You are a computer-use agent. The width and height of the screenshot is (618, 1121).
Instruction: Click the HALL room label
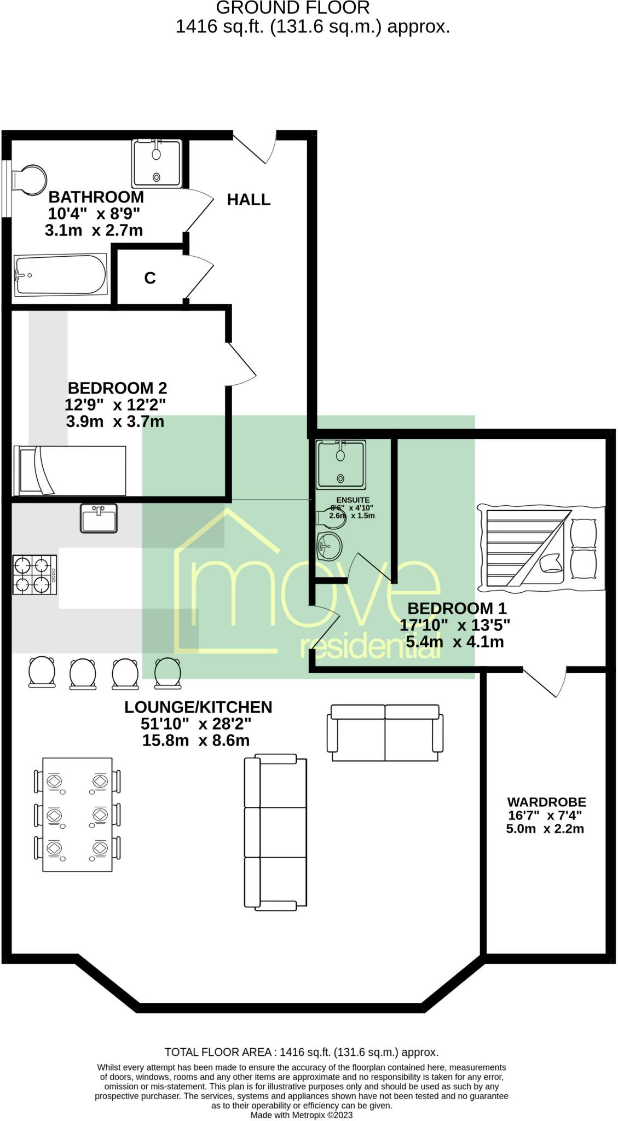(x=249, y=200)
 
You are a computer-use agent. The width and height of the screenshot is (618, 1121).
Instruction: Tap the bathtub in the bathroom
(x=60, y=275)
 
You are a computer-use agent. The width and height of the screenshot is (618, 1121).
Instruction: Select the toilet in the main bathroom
(x=30, y=178)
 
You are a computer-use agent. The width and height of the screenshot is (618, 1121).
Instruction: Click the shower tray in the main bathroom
(x=157, y=164)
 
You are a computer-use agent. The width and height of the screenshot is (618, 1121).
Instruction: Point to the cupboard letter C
(x=149, y=279)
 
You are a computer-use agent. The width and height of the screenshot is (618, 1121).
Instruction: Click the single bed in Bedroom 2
(x=70, y=470)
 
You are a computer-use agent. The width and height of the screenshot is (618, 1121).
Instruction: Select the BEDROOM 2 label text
(x=117, y=388)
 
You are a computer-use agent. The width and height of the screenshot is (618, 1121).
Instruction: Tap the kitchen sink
(x=99, y=518)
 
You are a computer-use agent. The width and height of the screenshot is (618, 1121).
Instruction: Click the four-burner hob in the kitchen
(x=34, y=575)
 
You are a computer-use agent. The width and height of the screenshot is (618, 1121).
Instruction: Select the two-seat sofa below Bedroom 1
(x=385, y=733)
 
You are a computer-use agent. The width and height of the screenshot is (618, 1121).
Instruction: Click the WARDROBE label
(x=546, y=802)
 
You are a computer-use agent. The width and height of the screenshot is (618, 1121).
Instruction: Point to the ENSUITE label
(x=353, y=500)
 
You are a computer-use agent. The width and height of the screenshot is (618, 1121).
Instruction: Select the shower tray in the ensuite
(x=340, y=464)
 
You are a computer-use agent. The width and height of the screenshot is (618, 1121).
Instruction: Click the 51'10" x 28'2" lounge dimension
(x=195, y=724)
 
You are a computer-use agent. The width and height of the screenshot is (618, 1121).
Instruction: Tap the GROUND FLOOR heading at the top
(x=293, y=8)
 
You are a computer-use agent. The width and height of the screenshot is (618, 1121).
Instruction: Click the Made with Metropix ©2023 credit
(x=301, y=1115)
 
